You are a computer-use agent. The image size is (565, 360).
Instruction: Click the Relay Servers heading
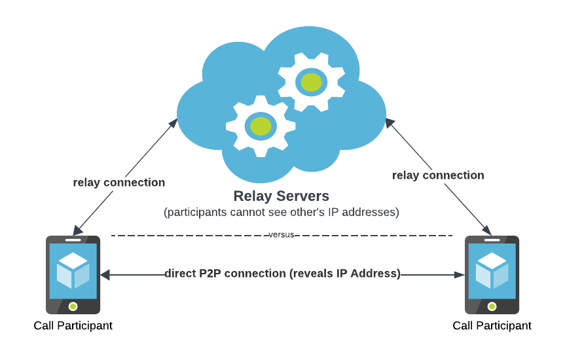282,196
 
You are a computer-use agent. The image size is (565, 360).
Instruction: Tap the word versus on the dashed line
282,235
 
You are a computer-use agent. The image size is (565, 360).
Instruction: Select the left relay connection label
119,183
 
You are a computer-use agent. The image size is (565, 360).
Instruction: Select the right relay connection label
438,175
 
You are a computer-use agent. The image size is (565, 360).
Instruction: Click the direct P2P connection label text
282,274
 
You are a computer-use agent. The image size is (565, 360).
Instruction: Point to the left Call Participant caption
73,325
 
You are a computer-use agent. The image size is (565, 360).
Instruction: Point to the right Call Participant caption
492,325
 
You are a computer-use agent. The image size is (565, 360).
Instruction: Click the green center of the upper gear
311,82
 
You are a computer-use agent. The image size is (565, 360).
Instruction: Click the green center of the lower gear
261,126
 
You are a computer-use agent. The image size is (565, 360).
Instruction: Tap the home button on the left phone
73,306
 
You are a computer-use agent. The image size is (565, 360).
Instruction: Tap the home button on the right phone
492,306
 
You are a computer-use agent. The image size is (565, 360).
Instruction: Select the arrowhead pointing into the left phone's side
105,276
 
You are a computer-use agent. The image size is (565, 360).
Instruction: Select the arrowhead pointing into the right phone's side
460,276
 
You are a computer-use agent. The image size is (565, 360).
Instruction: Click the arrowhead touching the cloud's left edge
174,122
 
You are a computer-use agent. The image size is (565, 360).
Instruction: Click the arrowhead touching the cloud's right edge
389,122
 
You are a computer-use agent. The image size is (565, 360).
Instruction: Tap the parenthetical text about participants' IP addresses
282,213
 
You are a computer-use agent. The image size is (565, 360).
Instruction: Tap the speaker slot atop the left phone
73,240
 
